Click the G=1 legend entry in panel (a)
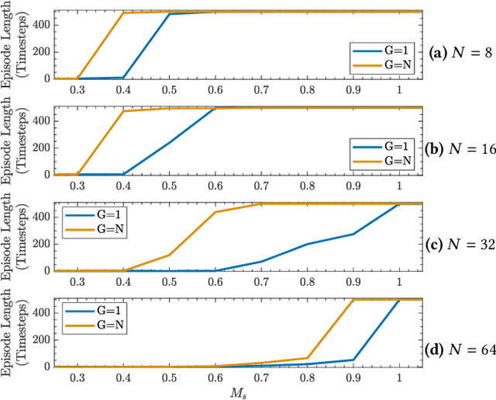pos(387,51)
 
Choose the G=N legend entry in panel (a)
pos(387,64)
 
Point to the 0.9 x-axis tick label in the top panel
pos(353,89)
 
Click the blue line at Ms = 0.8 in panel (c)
pos(307,244)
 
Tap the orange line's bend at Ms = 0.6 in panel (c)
pos(215,212)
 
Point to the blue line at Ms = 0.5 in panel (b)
pos(168,142)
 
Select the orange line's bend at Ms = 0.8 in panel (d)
pos(307,358)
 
